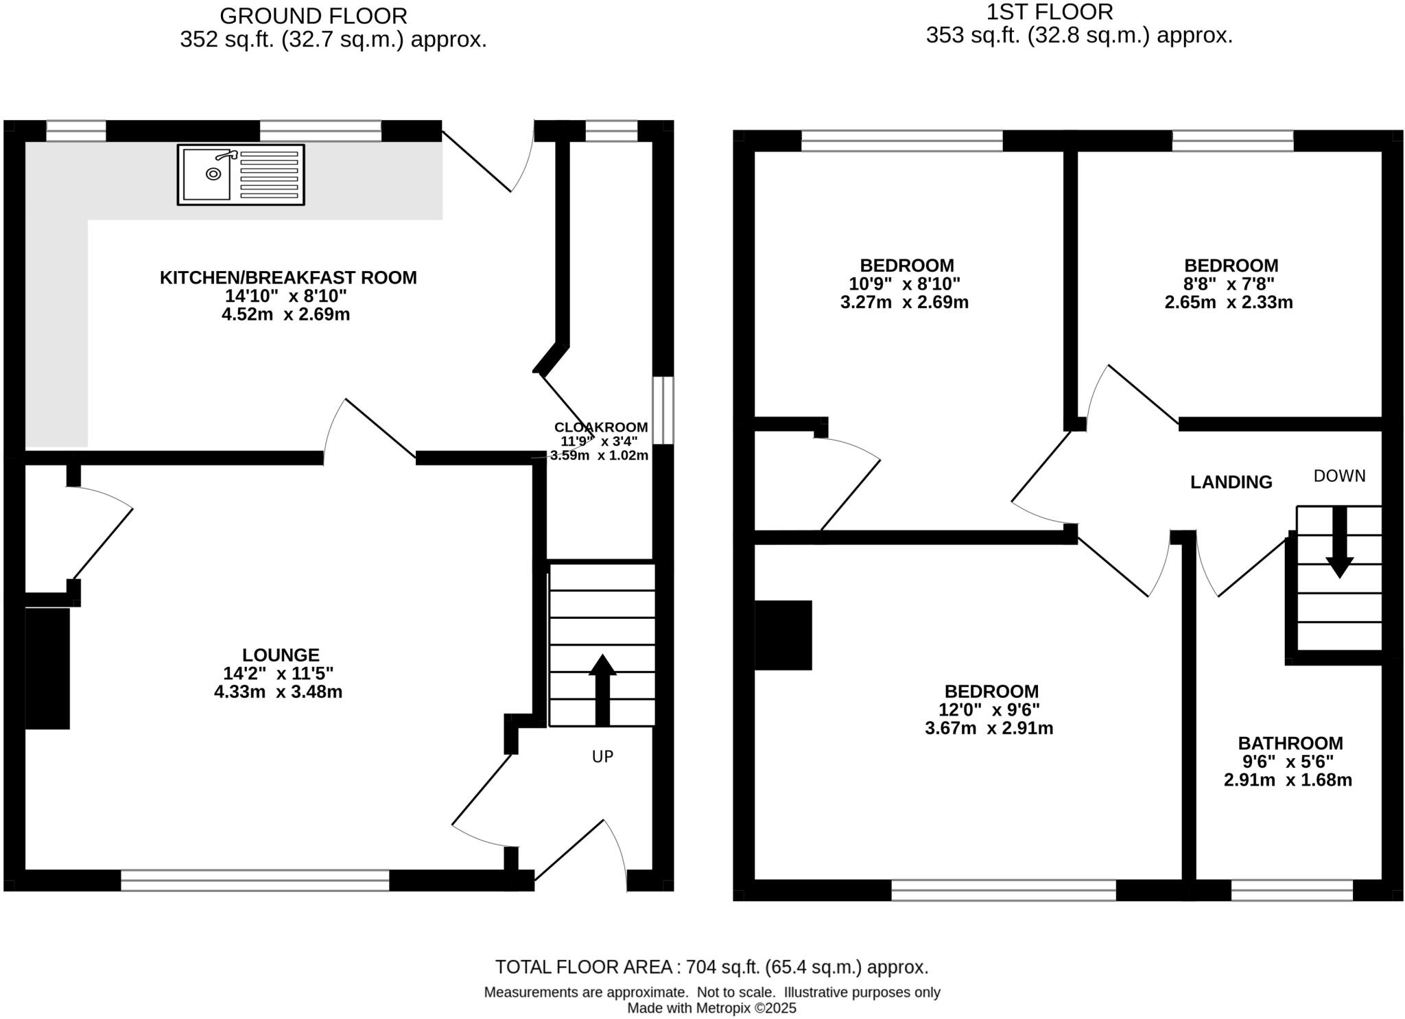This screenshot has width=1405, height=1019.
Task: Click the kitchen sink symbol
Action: tap(240, 174)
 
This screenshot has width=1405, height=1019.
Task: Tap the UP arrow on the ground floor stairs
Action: tap(602, 690)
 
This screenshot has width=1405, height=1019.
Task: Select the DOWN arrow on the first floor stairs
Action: tap(1338, 542)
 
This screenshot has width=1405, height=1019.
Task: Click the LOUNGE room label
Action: tap(281, 655)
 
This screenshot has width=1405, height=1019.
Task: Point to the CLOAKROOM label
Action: tap(600, 427)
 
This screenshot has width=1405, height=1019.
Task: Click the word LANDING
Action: tap(1231, 482)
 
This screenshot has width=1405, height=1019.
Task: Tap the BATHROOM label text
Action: tap(1290, 743)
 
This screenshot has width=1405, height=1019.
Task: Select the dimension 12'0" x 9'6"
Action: tap(989, 710)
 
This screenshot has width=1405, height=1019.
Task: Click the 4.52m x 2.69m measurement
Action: tap(285, 314)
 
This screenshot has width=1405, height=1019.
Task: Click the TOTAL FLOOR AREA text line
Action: tap(711, 967)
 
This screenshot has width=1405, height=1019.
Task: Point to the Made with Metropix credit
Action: tap(711, 1008)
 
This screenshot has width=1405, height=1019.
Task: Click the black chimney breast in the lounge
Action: tap(47, 668)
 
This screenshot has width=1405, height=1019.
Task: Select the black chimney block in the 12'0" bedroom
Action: tap(783, 635)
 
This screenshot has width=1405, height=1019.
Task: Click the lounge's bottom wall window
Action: tap(255, 880)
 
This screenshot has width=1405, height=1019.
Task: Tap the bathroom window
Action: tap(1291, 890)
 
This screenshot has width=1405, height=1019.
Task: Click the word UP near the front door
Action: tap(602, 756)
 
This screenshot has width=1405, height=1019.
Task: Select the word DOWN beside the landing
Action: tap(1339, 476)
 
